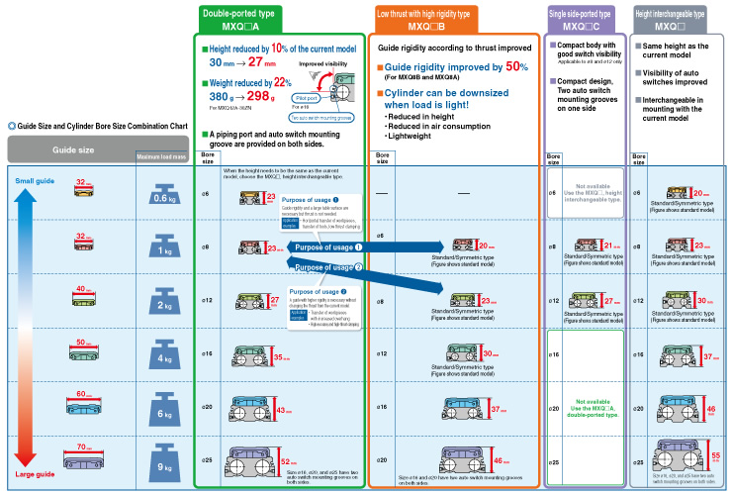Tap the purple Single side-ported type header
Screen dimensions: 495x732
583,19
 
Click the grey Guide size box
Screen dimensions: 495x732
68,149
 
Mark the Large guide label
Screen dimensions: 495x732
34,472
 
